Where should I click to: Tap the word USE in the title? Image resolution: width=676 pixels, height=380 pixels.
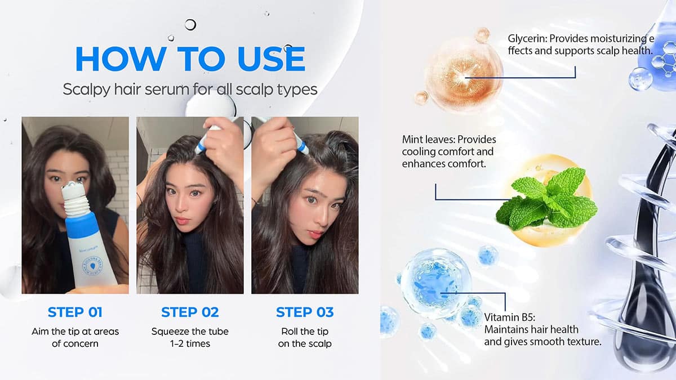tap(272, 59)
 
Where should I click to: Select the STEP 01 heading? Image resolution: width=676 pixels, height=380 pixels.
tap(75, 312)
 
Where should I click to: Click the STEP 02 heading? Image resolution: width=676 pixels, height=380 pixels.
tap(190, 312)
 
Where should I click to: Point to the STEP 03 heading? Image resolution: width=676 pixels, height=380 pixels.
tap(305, 312)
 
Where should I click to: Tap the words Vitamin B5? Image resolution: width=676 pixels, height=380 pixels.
tap(510, 318)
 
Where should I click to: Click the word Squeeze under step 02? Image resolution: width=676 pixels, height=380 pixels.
tap(170, 332)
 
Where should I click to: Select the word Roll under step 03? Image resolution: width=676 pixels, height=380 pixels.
tap(290, 332)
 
